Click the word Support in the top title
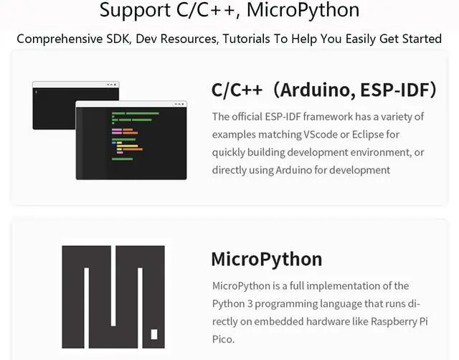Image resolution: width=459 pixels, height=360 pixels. coord(136,11)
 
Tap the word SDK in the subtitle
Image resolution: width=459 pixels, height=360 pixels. coord(118,39)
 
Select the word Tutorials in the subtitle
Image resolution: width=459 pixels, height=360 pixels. coord(247,39)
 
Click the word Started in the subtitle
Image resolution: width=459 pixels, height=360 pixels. coord(422,39)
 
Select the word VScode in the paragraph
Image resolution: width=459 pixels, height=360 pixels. coord(321,135)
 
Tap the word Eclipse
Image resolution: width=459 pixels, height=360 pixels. coord(368,135)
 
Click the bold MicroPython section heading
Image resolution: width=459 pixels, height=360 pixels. coord(267,260)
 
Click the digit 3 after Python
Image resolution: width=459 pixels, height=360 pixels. coord(250,304)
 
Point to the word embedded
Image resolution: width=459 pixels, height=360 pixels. coord(279,322)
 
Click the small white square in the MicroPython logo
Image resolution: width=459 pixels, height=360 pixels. coord(154,334)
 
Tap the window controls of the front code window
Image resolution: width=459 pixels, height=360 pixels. coord(179,104)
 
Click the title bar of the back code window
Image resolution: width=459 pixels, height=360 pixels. coord(76,85)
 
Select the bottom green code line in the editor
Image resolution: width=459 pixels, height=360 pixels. coord(122,159)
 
